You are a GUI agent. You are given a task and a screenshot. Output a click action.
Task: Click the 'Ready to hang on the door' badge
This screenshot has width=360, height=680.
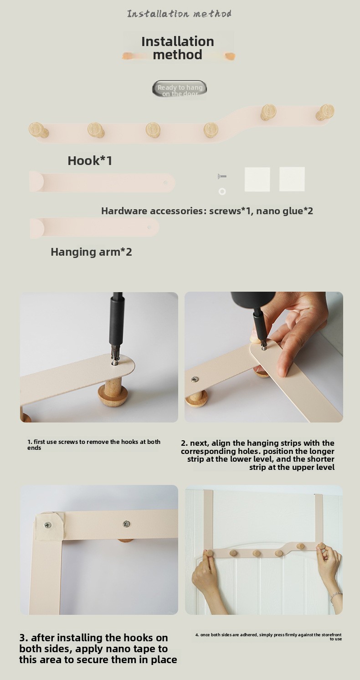tap(180, 89)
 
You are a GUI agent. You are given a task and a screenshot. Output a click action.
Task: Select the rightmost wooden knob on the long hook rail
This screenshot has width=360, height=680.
tap(325, 112)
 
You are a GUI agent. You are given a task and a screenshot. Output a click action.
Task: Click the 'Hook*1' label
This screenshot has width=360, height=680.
tap(90, 160)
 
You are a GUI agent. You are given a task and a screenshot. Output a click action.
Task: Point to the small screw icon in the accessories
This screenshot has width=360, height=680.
tap(222, 176)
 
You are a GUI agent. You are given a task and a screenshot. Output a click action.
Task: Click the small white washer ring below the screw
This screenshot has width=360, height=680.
tap(222, 191)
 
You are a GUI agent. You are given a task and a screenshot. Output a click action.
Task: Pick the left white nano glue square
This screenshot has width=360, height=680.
tap(257, 179)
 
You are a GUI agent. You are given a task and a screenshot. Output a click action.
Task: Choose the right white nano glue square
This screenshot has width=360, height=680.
tap(292, 179)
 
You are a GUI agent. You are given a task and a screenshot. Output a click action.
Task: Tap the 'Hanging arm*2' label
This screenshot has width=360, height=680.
tap(91, 252)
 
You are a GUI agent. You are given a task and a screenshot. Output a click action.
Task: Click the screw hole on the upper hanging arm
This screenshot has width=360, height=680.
tap(165, 183)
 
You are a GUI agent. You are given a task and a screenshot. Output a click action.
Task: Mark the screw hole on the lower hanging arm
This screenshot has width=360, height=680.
tap(149, 227)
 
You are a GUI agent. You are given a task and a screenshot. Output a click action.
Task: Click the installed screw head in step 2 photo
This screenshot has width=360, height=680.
tap(195, 379)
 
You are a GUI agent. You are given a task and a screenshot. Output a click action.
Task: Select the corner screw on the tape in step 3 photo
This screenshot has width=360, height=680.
tap(48, 525)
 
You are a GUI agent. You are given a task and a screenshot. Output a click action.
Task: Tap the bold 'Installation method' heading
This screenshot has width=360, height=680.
tap(178, 48)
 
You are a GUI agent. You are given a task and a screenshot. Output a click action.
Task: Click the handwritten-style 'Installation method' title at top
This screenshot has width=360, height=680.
tap(179, 14)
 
